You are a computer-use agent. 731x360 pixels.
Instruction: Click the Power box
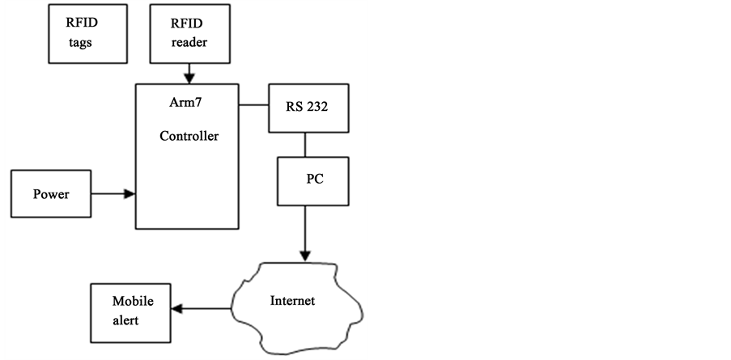coord(51,194)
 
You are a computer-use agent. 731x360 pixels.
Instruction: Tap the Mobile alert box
coord(132,310)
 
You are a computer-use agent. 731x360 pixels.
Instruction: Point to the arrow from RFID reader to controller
coord(189,74)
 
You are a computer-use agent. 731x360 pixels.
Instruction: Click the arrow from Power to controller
coord(113,194)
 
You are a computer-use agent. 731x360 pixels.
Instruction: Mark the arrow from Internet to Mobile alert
coord(203,308)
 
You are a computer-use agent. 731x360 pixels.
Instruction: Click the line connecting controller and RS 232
coord(255,104)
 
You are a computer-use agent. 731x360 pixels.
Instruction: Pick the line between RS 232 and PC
coord(305,146)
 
